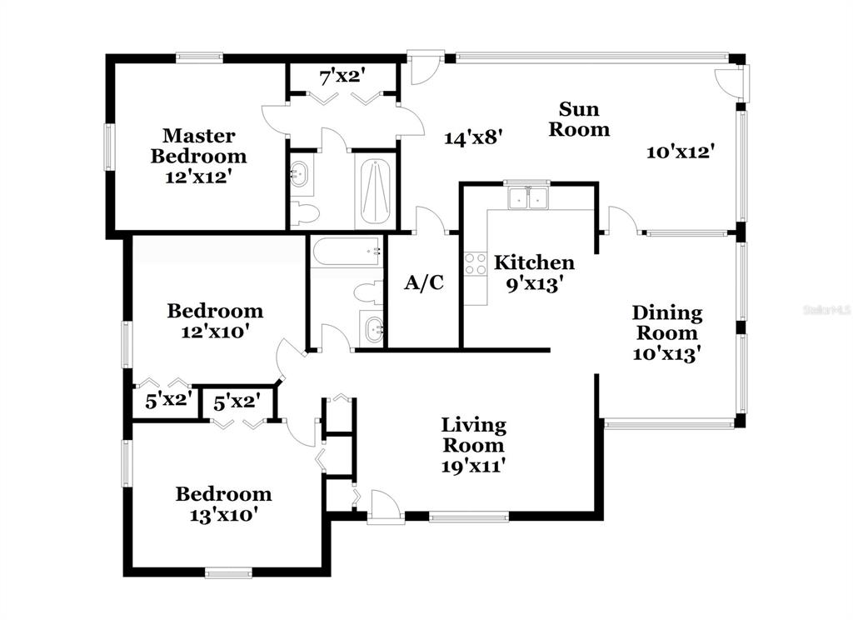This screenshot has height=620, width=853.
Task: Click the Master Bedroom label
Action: pos(198,145)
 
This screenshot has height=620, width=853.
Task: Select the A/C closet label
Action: pos(424,282)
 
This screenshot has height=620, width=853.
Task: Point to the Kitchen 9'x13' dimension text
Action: pos(533,284)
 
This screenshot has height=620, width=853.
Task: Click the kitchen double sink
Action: pos(527,198)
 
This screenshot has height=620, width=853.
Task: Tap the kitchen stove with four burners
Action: pos(476,264)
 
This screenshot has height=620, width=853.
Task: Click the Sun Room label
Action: pos(579,119)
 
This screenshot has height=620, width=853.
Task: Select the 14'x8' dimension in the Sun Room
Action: pos(472,137)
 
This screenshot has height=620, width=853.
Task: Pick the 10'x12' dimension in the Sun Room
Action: pos(680,152)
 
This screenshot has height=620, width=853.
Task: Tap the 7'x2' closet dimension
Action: pos(342,77)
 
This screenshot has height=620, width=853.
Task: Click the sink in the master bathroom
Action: pos(300,174)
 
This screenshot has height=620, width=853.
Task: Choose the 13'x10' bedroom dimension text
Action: pos(223,514)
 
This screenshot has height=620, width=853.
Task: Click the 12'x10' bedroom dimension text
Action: pos(215,331)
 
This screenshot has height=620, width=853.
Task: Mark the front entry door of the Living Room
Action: pos(386,507)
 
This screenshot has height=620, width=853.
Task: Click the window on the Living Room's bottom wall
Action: pos(469,517)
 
